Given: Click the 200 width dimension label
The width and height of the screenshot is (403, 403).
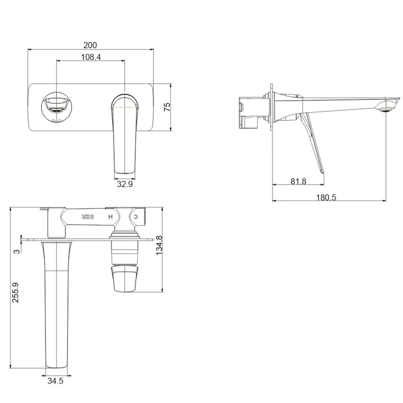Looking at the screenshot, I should click(91, 45).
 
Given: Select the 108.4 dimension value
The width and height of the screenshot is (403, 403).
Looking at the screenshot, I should click(91, 57).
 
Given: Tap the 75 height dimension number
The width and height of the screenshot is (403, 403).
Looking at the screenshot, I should click(167, 107).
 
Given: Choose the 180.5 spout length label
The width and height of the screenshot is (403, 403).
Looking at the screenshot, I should click(327, 197).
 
